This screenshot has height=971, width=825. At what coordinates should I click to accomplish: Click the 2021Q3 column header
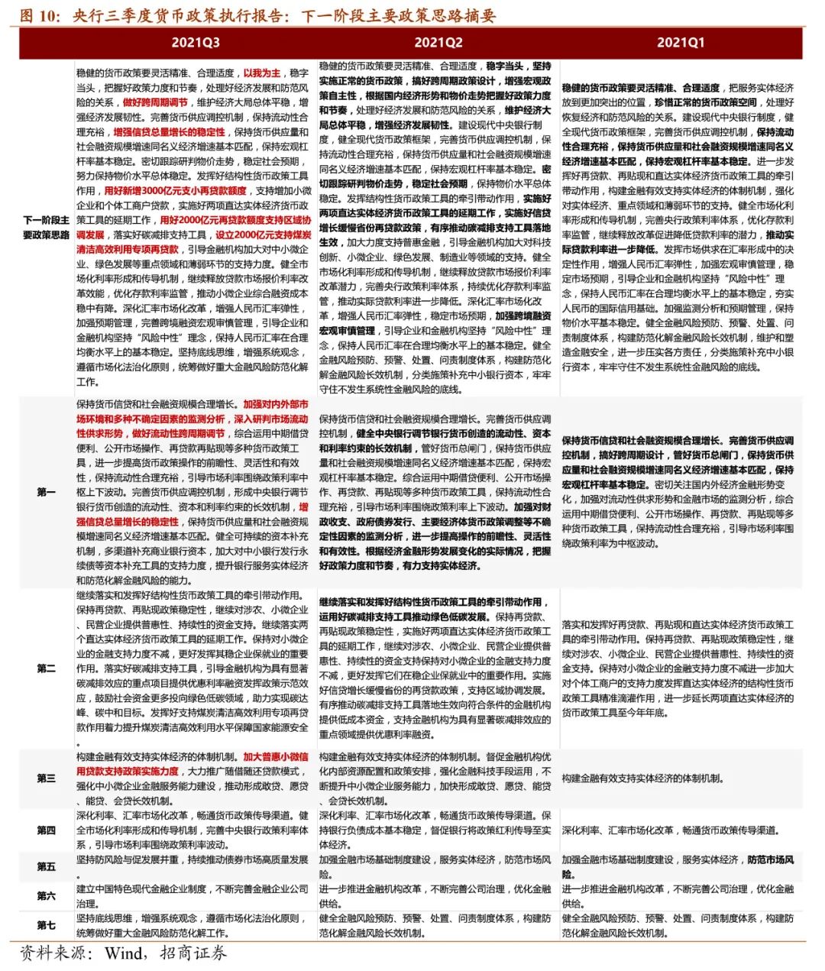(x=196, y=43)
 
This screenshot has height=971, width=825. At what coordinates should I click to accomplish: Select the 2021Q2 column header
(x=438, y=43)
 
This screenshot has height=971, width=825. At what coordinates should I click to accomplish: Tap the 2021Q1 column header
(x=680, y=43)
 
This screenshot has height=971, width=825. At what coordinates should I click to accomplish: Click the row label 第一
(x=47, y=492)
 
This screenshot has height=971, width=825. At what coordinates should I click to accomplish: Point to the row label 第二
(x=47, y=668)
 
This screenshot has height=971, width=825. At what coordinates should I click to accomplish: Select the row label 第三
(x=47, y=778)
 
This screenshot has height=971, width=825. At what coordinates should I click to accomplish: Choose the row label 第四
(x=47, y=830)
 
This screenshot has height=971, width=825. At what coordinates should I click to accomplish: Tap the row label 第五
(x=47, y=866)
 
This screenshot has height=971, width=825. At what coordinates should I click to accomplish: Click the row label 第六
(x=47, y=895)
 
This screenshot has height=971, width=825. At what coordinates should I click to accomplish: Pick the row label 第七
(x=47, y=925)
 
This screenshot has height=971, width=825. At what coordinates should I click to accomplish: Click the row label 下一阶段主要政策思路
(x=46, y=228)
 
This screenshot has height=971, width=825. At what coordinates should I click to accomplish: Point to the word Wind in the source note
(x=124, y=953)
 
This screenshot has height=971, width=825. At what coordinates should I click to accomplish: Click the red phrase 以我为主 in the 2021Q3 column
(x=262, y=73)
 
